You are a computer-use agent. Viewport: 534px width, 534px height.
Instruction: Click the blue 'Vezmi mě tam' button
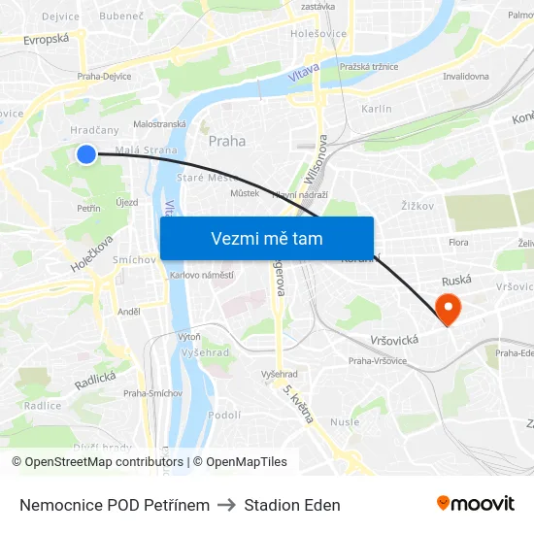coord(267,238)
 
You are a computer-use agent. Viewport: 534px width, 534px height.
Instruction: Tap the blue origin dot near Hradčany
coord(86,153)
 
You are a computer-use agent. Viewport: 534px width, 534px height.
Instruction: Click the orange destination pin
coord(449,309)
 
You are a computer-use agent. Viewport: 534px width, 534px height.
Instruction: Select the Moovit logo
coord(475,504)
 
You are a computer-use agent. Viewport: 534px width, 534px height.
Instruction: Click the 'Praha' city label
coord(227,141)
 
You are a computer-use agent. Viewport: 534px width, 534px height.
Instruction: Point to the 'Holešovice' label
coord(318,34)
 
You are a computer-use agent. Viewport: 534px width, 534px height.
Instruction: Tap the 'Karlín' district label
coord(377,109)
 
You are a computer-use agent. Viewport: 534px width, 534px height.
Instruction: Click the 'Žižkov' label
coord(417,206)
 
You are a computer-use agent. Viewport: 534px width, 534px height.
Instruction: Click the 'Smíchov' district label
coord(134,260)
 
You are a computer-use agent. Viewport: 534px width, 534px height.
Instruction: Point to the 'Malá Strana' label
coord(147,150)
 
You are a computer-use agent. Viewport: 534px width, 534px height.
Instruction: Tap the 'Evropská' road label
coord(47,38)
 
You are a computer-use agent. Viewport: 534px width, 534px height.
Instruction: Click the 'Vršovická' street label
coord(394,340)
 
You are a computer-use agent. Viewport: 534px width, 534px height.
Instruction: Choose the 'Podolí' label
coord(224,415)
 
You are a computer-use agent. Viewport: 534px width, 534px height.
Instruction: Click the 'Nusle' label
coord(344,421)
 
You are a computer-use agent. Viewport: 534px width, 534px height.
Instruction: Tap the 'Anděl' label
coord(129,312)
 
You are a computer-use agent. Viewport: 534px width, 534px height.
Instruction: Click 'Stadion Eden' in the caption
coord(292,505)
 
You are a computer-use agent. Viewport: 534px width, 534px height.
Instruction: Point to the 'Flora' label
coord(459,242)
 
